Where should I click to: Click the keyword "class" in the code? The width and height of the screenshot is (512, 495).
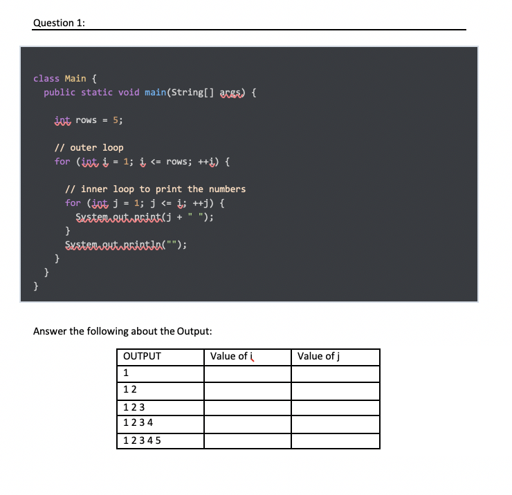tap(46, 78)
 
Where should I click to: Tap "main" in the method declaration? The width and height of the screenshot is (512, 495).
tap(153, 92)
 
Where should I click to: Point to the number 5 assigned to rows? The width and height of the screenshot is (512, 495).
tap(115, 120)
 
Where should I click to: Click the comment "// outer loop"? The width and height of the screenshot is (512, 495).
tap(89, 147)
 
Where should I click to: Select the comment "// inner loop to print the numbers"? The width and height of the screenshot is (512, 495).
tap(155, 189)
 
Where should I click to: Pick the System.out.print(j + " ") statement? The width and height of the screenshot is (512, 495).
tap(143, 216)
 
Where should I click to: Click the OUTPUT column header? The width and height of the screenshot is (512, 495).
tap(142, 357)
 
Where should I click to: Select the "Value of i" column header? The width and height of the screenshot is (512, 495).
tap(231, 357)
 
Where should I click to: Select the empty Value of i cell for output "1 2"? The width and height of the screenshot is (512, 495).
tap(248, 391)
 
